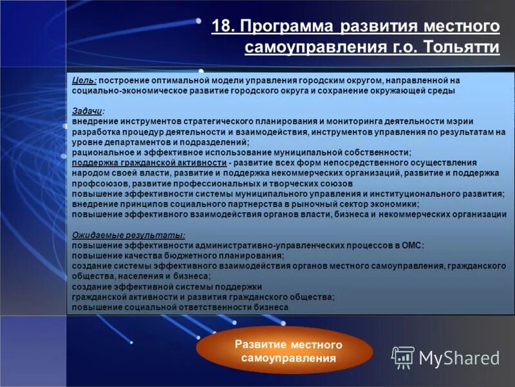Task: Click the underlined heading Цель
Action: (84, 80)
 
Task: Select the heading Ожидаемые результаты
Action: (129, 235)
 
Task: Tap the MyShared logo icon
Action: (403, 357)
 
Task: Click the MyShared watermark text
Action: (459, 358)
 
